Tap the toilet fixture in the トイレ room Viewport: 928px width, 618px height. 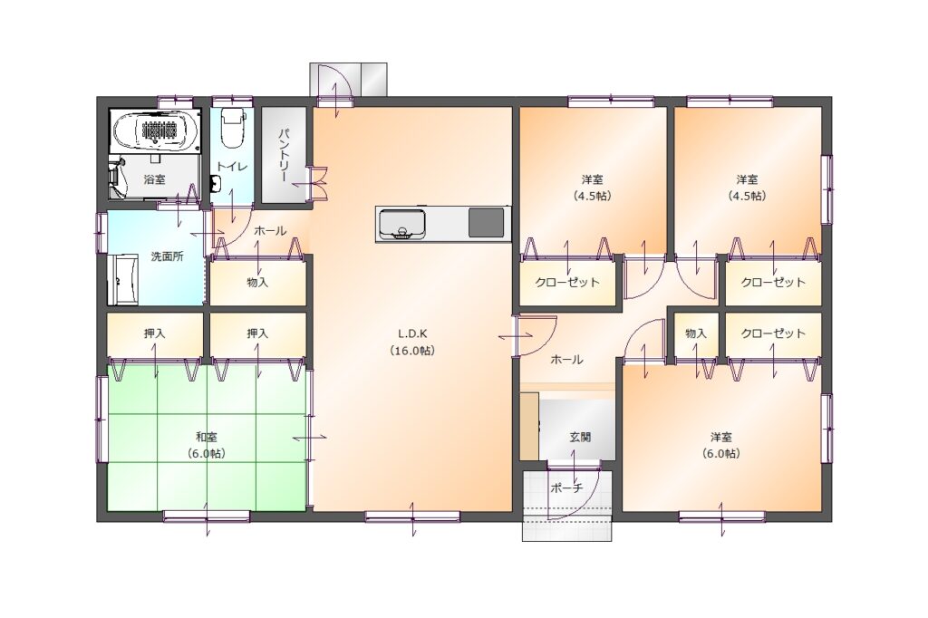(x=232, y=128)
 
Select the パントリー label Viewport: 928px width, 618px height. (x=284, y=155)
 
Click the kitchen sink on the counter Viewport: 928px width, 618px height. (x=401, y=225)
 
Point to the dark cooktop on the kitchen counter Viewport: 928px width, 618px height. (x=487, y=223)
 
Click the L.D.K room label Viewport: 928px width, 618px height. (x=412, y=333)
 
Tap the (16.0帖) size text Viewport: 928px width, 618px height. (x=412, y=351)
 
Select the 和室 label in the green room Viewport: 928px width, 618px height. (x=207, y=438)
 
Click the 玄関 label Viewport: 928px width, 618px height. (x=580, y=438)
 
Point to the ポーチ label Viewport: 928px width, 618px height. (x=566, y=488)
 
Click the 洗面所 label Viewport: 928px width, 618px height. (x=167, y=257)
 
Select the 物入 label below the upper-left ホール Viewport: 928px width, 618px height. (x=257, y=283)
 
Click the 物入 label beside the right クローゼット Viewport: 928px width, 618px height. (x=696, y=333)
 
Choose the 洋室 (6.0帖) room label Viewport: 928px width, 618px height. (x=721, y=445)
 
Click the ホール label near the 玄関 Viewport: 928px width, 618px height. (x=567, y=360)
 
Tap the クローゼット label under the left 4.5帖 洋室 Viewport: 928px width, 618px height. (x=567, y=283)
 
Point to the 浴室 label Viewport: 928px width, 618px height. (x=154, y=179)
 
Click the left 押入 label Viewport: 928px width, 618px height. (x=154, y=333)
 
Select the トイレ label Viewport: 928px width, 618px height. (x=232, y=167)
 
